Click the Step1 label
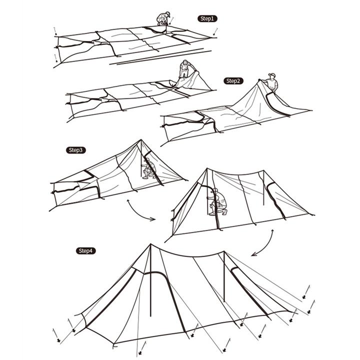[207, 18]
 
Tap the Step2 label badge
[233, 80]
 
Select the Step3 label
[76, 149]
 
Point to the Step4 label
[85, 250]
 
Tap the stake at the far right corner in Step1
[215, 31]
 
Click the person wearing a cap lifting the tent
[271, 83]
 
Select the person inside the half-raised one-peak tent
[146, 168]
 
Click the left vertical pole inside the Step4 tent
[140, 300]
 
